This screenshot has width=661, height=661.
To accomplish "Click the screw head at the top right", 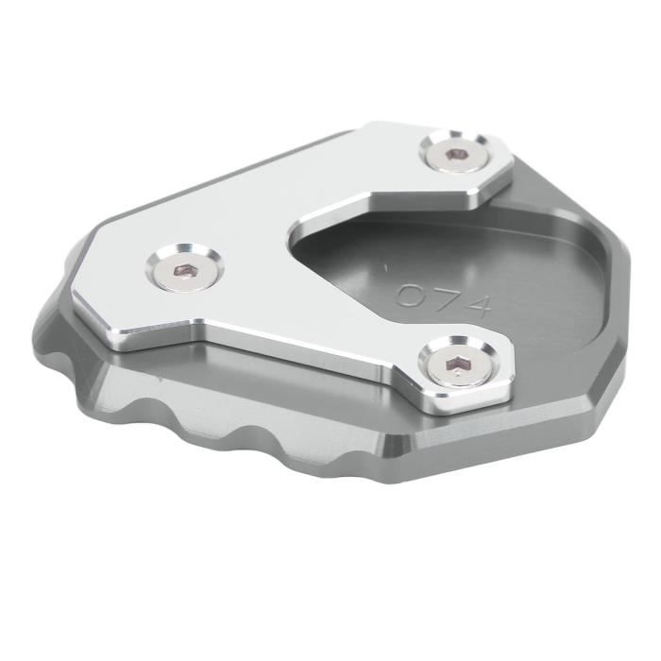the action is pyautogui.click(x=457, y=155).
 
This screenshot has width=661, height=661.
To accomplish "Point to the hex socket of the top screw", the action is pyautogui.click(x=457, y=154).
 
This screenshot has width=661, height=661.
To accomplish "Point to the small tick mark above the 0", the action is pyautogui.click(x=384, y=267).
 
